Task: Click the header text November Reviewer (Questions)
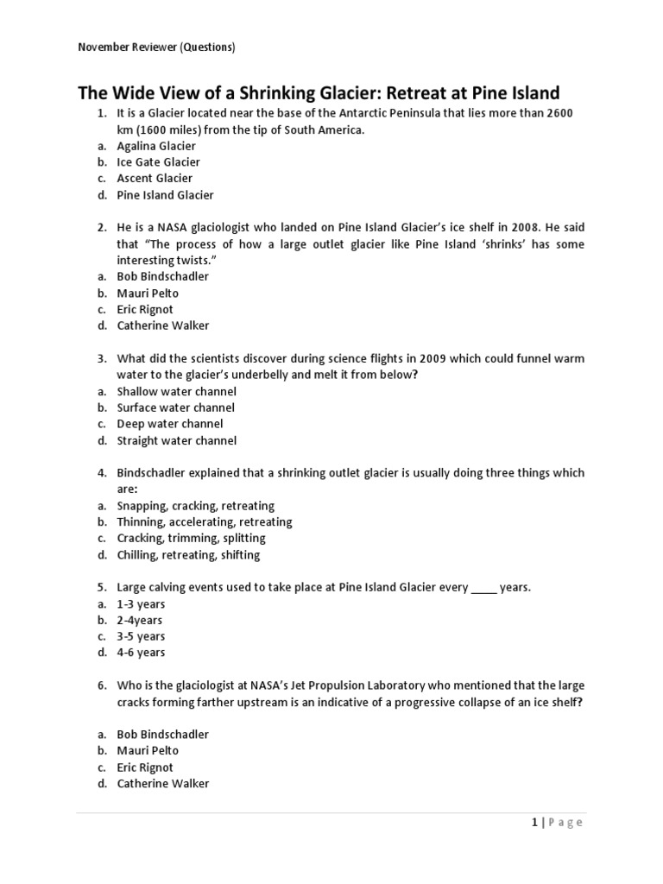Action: click(x=156, y=47)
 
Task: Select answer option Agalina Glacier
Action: click(x=155, y=146)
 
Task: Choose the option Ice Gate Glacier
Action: click(x=158, y=162)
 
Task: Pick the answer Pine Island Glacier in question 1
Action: click(x=165, y=195)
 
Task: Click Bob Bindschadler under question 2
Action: click(x=162, y=276)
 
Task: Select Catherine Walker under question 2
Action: click(x=162, y=325)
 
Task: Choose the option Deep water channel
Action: click(x=169, y=424)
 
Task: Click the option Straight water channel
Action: click(x=176, y=440)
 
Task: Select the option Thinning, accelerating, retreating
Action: click(x=205, y=522)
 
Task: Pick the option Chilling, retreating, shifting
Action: click(x=188, y=555)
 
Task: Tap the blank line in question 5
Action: click(x=483, y=588)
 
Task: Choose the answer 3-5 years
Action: click(x=141, y=636)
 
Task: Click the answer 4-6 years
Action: click(x=141, y=653)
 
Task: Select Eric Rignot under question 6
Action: click(x=145, y=767)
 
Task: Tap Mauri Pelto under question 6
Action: click(x=148, y=751)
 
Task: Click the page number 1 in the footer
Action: click(x=535, y=823)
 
